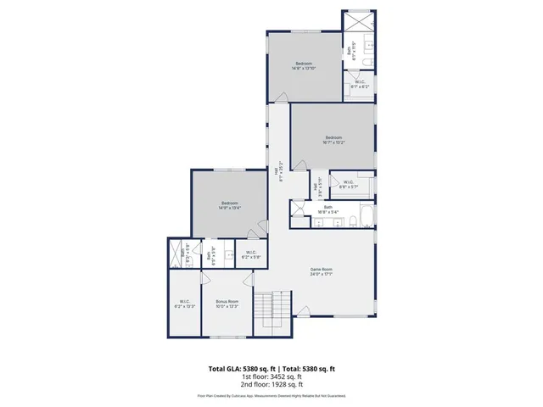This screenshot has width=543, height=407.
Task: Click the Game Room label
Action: [x=321, y=271]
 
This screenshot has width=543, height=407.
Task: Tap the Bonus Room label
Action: [x=227, y=304]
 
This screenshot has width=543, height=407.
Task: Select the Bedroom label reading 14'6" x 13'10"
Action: [x=304, y=66]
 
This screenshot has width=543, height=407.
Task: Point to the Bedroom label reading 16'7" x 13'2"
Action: [x=333, y=140]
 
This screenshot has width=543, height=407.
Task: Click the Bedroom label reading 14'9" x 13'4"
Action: [x=229, y=204]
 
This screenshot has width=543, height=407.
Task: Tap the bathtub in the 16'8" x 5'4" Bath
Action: [x=365, y=220]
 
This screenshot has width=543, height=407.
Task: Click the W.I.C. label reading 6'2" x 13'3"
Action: [x=185, y=304]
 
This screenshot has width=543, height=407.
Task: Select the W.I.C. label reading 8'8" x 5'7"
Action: [x=349, y=184]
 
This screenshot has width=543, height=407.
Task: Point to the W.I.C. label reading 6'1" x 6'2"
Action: [x=361, y=83]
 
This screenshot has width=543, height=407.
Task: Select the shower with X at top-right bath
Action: [x=358, y=22]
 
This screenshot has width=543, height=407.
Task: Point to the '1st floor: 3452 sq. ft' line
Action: [x=271, y=377]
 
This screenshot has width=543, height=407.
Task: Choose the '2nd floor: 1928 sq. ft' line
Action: [x=271, y=386]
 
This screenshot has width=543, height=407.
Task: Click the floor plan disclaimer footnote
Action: [x=271, y=395]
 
